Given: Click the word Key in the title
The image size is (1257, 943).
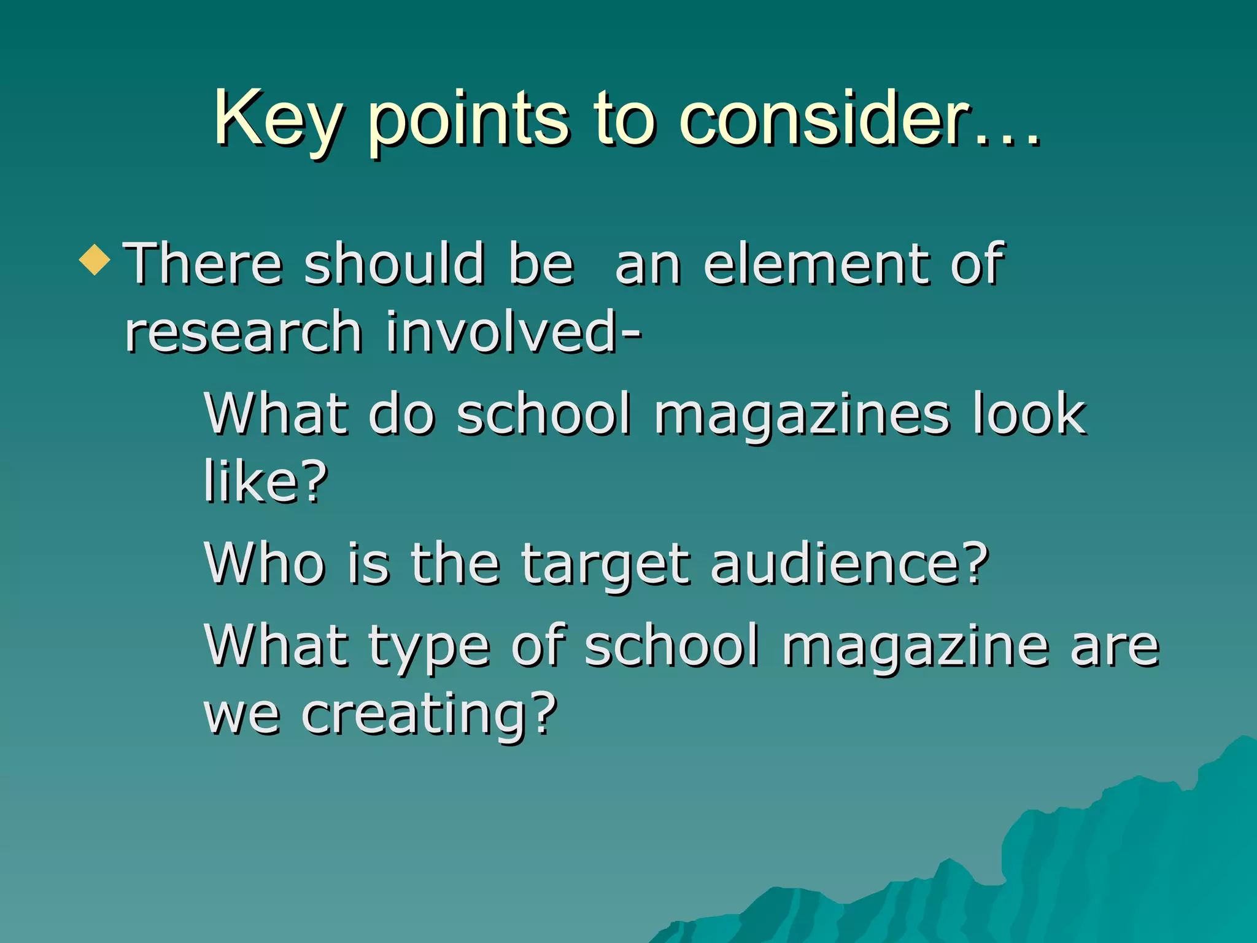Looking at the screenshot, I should point(277,120).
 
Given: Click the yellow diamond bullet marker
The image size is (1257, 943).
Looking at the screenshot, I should point(95,260).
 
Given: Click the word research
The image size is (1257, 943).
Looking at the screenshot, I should point(243,333).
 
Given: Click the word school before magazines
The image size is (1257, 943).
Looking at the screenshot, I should point(544,414).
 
